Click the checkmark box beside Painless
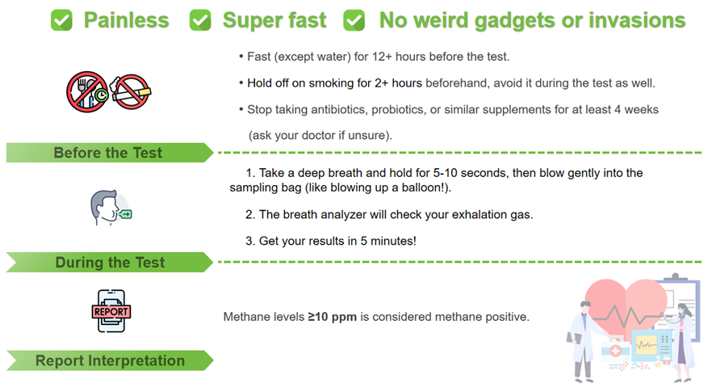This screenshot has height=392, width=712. coord(61,20)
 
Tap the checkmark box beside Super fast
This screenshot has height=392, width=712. coord(200,20)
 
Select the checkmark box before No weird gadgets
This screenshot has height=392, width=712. coord(354,20)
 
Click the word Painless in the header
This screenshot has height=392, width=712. coord(126,20)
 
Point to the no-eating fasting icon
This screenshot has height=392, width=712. coord(87,92)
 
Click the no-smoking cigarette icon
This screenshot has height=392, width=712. coord(131,92)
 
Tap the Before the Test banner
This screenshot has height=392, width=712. coord(110,153)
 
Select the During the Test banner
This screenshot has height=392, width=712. coord(110,263)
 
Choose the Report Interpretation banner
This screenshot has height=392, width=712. coord(110,360)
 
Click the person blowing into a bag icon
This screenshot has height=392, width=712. coord(111,208)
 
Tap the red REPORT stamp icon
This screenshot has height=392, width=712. coord(111,311)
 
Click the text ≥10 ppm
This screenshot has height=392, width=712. coord(333,317)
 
